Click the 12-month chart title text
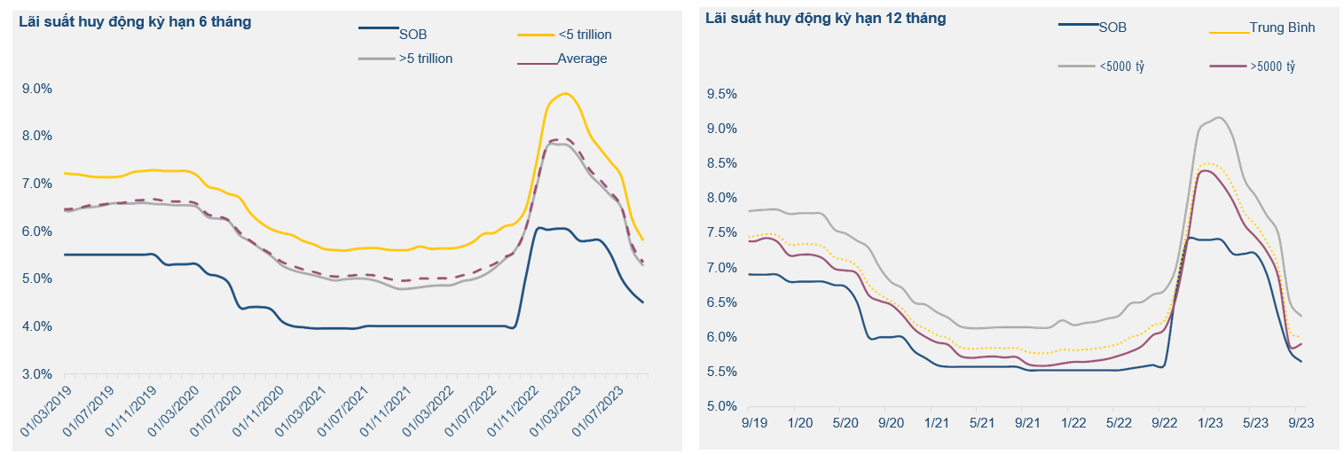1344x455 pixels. coord(825,18)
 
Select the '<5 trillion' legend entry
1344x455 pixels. coord(585,35)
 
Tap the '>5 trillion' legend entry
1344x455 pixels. coord(426,59)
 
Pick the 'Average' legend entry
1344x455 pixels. coord(582,59)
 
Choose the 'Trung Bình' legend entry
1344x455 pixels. coord(1282,27)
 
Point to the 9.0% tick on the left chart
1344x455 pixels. coord(37,89)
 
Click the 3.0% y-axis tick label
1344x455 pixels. coord(37,374)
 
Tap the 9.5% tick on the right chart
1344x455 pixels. coord(724,94)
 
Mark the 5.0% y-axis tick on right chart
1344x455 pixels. coord(724,407)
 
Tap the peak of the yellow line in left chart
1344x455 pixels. coord(565,93)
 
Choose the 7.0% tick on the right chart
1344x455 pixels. coord(724,268)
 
